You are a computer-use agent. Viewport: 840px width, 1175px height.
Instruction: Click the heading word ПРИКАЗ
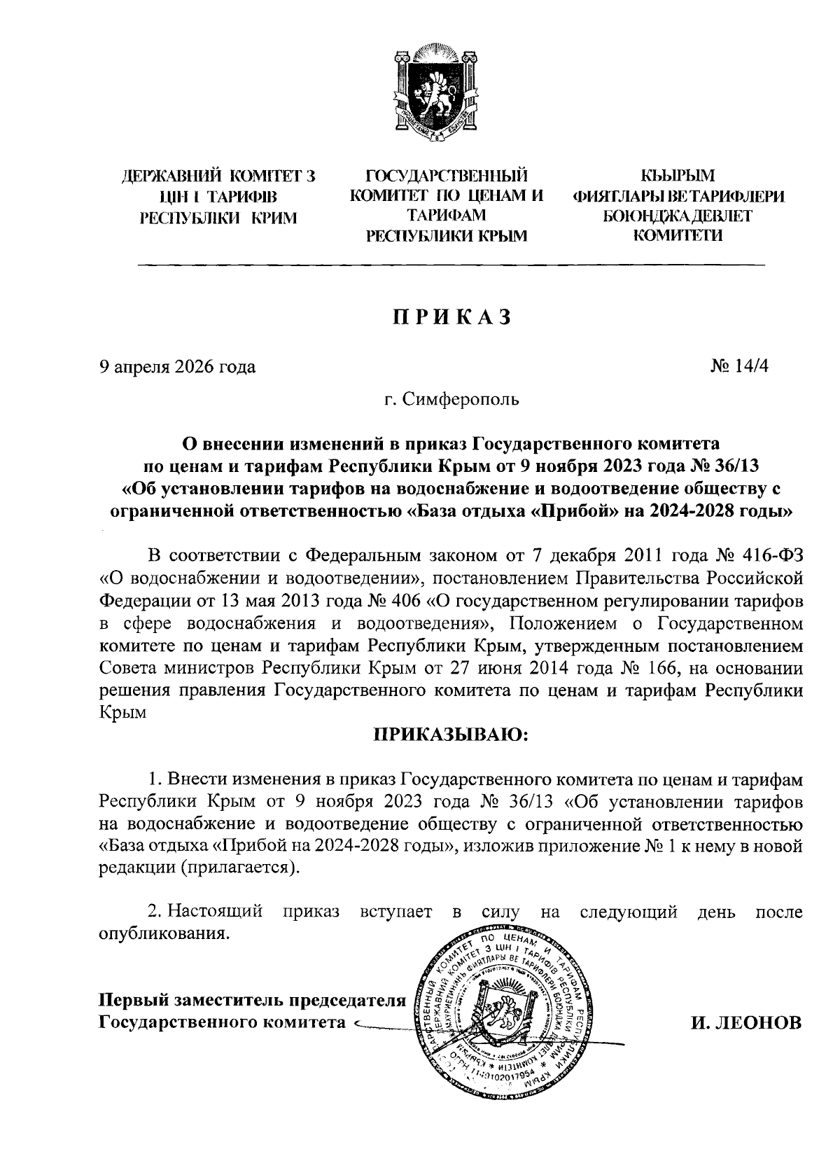click(451, 317)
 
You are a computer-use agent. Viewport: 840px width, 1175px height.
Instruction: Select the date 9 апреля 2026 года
click(177, 366)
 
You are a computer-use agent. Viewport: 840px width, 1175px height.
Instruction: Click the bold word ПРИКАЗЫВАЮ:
click(451, 735)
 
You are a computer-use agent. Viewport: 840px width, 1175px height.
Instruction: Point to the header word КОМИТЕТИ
click(678, 236)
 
